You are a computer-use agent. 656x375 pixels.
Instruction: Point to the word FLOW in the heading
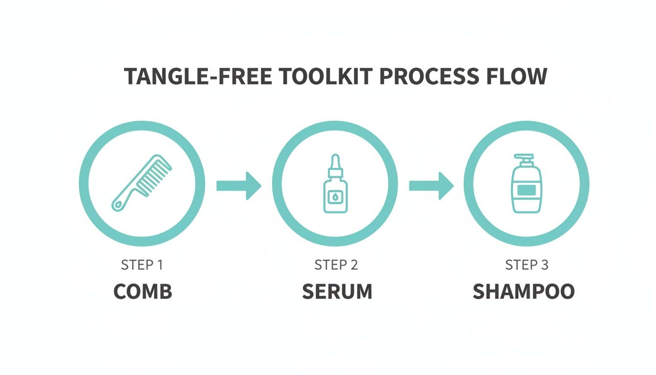pyautogui.click(x=519, y=77)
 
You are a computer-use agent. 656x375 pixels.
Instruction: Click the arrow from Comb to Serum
pyautogui.click(x=239, y=186)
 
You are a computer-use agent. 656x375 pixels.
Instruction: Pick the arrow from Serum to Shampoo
pyautogui.click(x=431, y=186)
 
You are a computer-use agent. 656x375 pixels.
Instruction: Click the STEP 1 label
pyautogui.click(x=142, y=265)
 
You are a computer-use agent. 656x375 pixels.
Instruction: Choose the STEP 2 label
pyautogui.click(x=336, y=265)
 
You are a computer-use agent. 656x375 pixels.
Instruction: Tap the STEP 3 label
pyautogui.click(x=527, y=265)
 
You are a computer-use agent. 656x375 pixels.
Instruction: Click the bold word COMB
pyautogui.click(x=143, y=292)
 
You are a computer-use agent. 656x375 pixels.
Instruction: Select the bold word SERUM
pyautogui.click(x=337, y=292)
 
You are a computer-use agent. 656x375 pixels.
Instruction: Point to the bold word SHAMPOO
pyautogui.click(x=524, y=292)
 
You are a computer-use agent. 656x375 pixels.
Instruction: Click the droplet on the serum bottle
pyautogui.click(x=336, y=197)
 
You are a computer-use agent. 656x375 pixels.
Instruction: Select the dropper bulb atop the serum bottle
pyautogui.click(x=336, y=160)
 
